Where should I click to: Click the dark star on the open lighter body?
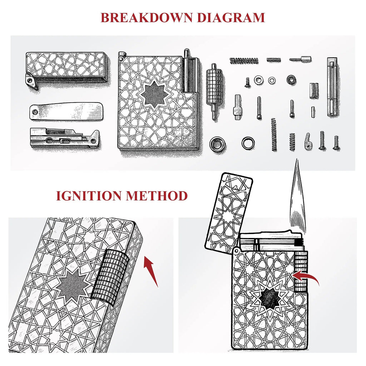[270, 298]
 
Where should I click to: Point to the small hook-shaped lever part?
[308, 141]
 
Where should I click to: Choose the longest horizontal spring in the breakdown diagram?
[244, 61]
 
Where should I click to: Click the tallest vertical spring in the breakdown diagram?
[274, 135]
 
